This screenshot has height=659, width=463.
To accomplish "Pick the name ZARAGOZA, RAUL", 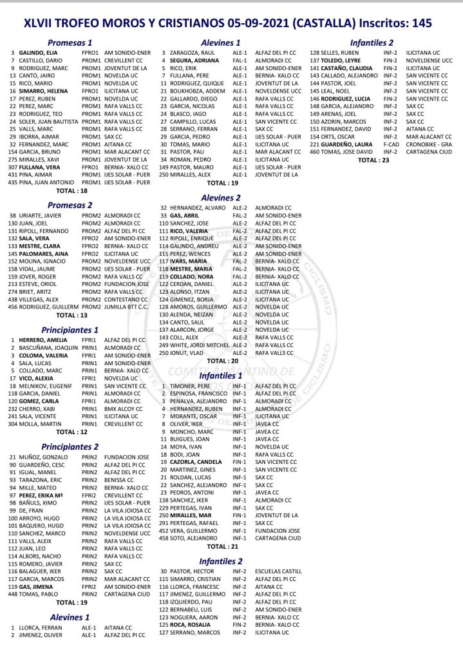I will pos(191,52).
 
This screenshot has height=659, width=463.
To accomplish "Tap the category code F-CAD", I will pos(390,145).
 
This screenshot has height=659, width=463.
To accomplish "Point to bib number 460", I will pos(316,152).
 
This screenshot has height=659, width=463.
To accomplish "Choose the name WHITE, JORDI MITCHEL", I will pos(196,345).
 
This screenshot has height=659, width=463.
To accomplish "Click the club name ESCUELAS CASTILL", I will pos(278,571).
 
